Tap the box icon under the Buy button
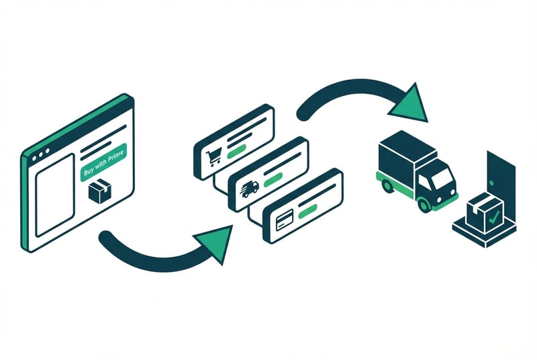pos(100,193)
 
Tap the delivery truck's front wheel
pos(425,202)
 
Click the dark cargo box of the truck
pos(401,155)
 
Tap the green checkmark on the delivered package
pos(493,218)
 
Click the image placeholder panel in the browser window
pos(54,194)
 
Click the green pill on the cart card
pos(237,152)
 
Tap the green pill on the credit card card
pos(307,212)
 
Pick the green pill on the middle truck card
pos(273,181)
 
